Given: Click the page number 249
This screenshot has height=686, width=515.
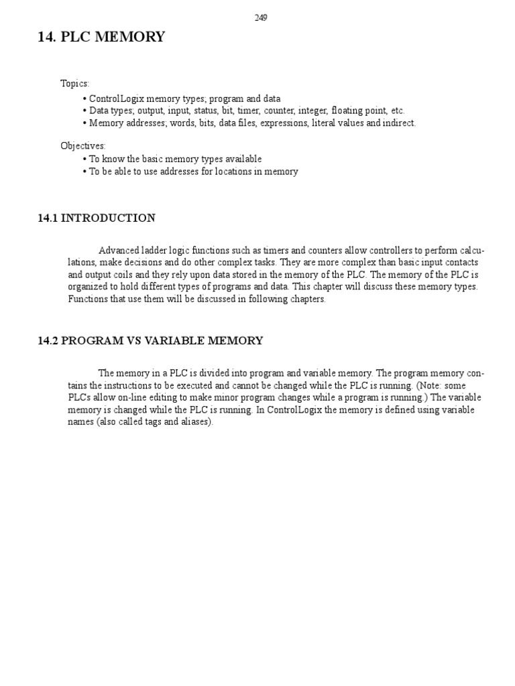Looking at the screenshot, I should [x=261, y=18].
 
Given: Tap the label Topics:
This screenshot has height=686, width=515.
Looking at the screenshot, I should [x=74, y=84].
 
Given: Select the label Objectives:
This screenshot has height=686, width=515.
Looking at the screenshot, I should [x=83, y=145].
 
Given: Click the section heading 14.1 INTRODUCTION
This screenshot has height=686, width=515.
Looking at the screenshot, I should [x=97, y=218].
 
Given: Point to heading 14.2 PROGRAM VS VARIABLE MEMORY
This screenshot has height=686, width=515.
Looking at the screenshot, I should [x=150, y=340].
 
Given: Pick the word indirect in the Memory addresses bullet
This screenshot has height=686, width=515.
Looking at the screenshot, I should [x=398, y=123].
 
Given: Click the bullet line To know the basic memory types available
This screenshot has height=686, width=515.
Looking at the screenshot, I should [x=175, y=159].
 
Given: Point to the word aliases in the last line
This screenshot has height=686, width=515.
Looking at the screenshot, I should [x=194, y=423].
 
